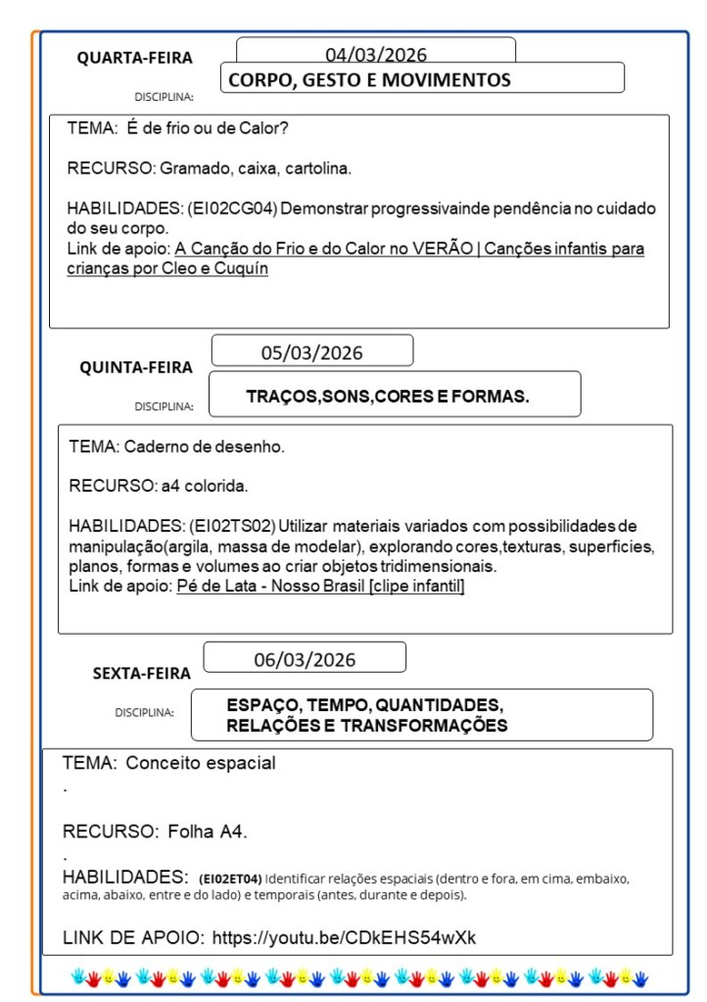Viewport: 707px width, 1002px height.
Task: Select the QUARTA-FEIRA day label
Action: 135,58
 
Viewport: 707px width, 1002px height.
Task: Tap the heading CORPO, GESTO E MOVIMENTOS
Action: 369,80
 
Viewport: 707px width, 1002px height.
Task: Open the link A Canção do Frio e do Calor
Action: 409,249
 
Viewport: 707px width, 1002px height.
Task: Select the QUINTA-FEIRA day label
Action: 136,367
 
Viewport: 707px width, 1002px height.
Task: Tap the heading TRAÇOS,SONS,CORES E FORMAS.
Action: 388,397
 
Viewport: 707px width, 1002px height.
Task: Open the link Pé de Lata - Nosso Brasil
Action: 320,587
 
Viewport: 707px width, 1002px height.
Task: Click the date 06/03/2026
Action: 305,659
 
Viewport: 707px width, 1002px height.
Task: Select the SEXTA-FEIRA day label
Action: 142,673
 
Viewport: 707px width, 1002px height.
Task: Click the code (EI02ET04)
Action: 229,878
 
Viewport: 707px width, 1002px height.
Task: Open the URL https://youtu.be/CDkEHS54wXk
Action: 344,937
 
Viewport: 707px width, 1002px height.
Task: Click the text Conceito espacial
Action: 201,763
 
